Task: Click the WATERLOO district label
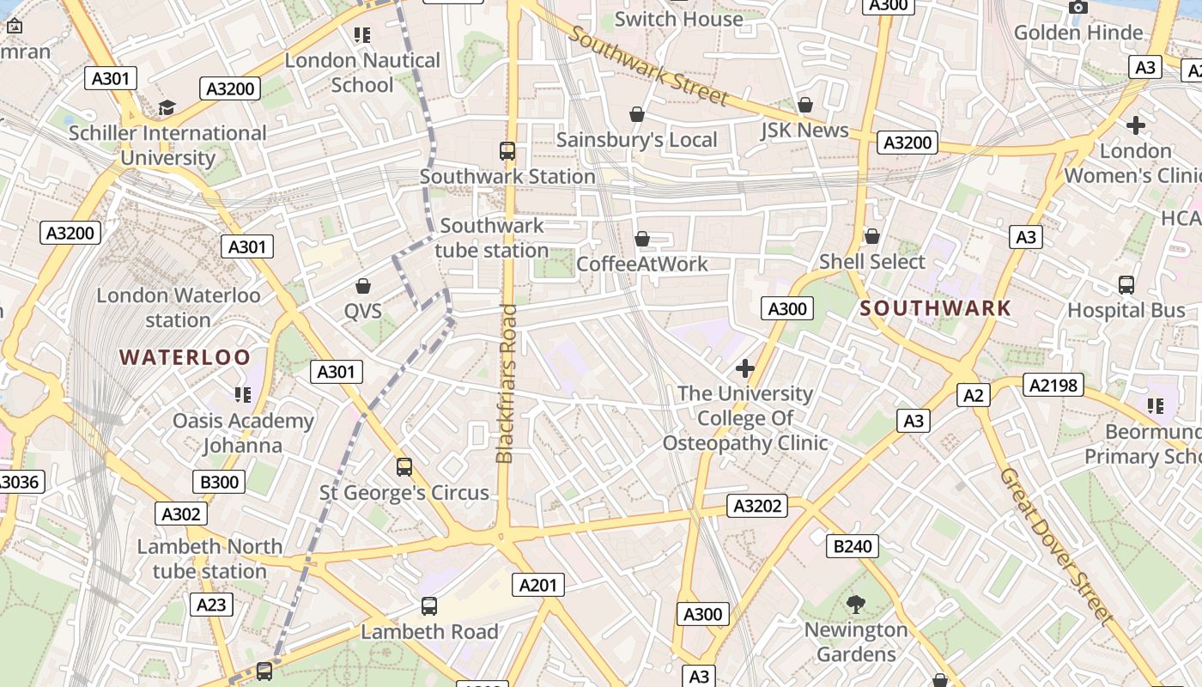(x=185, y=357)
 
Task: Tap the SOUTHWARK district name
(x=936, y=308)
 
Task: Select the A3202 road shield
(x=758, y=506)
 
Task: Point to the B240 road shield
(x=853, y=546)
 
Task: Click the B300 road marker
(x=219, y=482)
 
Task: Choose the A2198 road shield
(x=1053, y=385)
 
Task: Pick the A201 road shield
(x=538, y=585)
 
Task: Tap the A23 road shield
(x=210, y=605)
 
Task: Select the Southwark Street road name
(x=648, y=65)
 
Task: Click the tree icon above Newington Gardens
(x=855, y=605)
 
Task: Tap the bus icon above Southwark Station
(x=507, y=151)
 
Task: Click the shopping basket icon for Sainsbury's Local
(x=637, y=114)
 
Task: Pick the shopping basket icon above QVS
(x=363, y=285)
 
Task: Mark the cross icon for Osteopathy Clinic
(x=744, y=368)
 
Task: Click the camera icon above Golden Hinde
(x=1078, y=8)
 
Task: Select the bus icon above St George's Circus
(x=404, y=467)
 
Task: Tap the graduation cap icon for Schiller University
(x=167, y=108)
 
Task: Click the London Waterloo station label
(x=178, y=307)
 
